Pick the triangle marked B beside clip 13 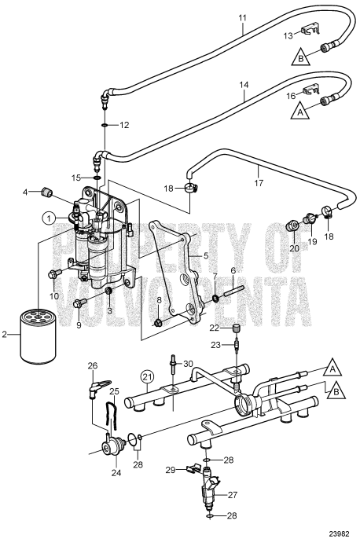tap(300, 57)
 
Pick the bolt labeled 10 tap(54, 274)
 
